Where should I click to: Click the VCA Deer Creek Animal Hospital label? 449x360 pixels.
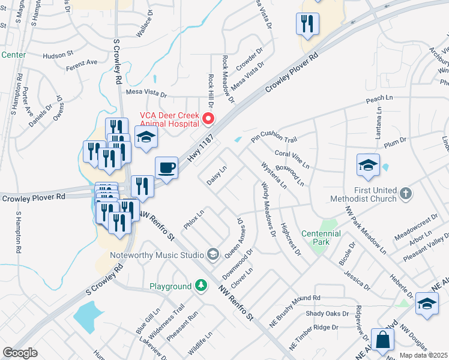pos(169,119)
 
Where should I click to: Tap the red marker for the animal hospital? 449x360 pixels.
pos(209,118)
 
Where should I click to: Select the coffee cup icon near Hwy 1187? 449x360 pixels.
pos(166,167)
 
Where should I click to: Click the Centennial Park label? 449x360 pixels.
pos(321,238)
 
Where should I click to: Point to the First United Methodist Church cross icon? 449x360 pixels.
pos(406,193)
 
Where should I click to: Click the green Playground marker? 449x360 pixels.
pos(199,286)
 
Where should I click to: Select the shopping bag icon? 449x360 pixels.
pos(382,340)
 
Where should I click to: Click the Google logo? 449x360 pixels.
pos(20,353)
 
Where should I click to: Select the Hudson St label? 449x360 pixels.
pos(58,55)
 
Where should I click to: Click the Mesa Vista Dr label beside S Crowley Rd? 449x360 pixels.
pos(146,94)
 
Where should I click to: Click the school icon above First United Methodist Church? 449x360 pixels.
pos(368,165)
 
